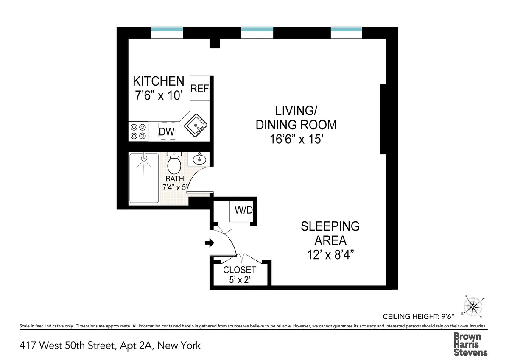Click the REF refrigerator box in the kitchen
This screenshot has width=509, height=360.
(x=200, y=89)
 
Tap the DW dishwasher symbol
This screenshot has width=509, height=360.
(x=167, y=131)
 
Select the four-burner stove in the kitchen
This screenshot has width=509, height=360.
(x=138, y=131)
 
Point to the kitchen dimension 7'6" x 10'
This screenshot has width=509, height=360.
(x=158, y=95)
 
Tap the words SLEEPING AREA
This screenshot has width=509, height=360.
(x=330, y=233)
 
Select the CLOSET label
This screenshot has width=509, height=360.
(x=240, y=270)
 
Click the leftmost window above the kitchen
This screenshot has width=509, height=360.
(x=167, y=32)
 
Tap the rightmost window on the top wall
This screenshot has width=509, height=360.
(x=347, y=32)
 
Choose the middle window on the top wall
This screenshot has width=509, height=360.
(x=257, y=32)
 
